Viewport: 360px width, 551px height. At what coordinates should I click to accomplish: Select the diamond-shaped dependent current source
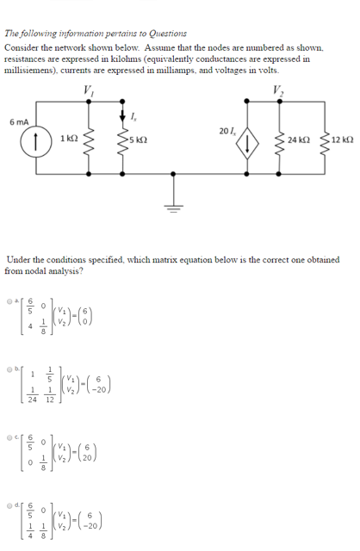click(x=249, y=142)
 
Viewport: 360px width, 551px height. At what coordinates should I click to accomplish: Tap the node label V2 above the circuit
click(x=276, y=93)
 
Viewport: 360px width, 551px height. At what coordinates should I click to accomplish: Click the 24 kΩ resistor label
click(x=298, y=140)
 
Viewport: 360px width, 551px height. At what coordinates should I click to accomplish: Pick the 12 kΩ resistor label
click(x=341, y=140)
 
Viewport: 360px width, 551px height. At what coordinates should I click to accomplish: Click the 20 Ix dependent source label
click(x=226, y=131)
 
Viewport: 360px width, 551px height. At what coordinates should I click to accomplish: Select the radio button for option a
click(x=9, y=301)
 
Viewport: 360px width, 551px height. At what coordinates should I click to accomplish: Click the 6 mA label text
click(x=20, y=122)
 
